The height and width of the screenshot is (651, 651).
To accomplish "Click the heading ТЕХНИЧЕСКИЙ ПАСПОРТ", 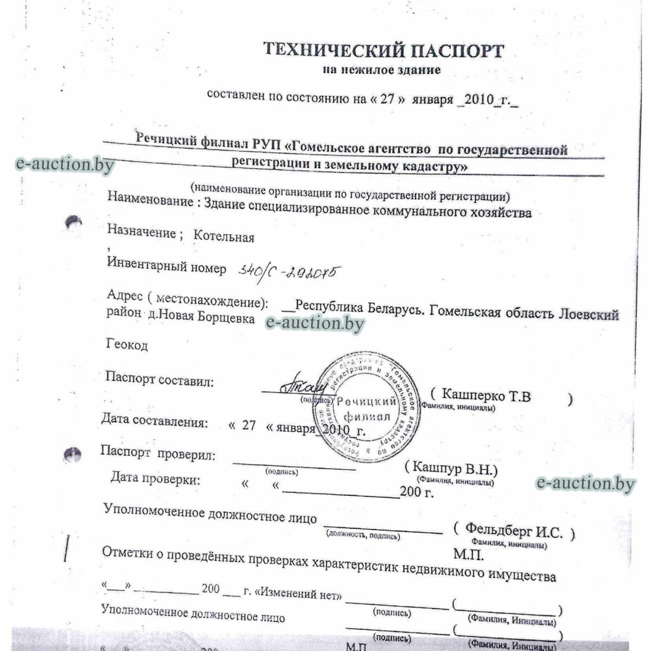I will [384, 50].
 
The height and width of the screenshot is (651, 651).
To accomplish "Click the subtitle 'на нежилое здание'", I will [381, 70].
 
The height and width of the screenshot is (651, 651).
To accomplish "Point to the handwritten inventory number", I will [286, 271].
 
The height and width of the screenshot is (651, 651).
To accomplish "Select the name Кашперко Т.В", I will [486, 395].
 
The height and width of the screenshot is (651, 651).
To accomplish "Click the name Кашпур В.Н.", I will [455, 468].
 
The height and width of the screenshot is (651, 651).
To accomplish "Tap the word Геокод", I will [127, 344].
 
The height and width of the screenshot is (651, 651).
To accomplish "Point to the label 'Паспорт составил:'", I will [159, 380].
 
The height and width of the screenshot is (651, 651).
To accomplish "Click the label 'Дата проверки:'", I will [155, 478].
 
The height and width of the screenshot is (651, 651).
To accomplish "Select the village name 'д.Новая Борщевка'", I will [201, 317].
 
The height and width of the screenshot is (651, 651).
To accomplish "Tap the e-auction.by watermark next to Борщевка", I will [315, 323].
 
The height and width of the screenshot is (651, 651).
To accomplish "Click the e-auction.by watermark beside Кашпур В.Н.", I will [585, 483].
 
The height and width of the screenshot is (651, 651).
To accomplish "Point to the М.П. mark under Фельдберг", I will [468, 554].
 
